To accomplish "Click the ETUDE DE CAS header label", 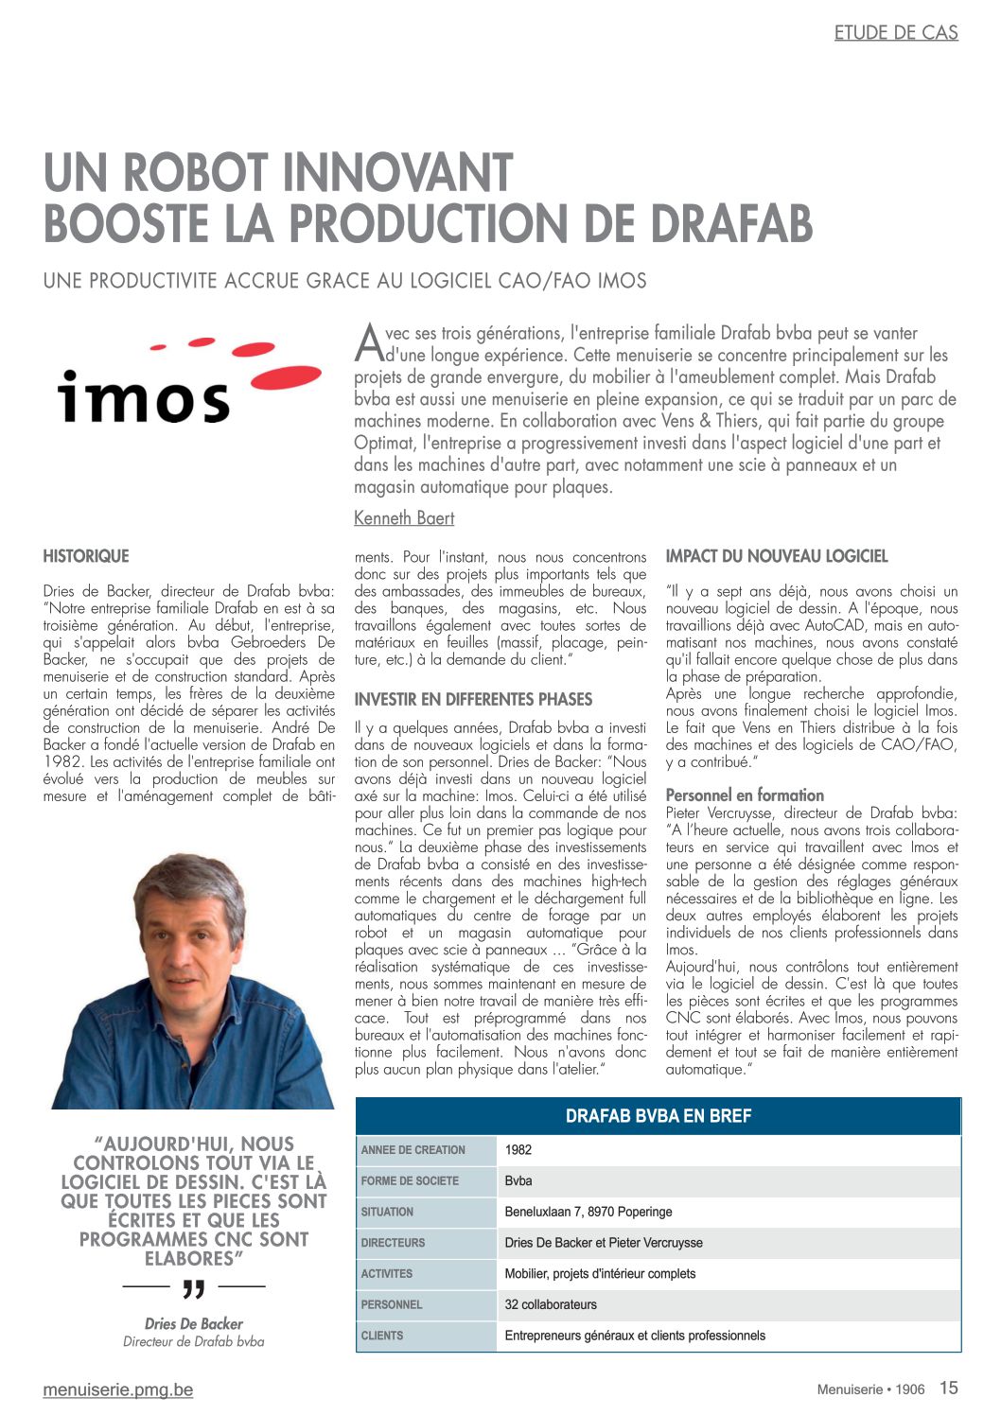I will click(x=895, y=33).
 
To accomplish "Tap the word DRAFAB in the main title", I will click(x=730, y=224).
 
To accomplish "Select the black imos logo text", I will click(x=143, y=394).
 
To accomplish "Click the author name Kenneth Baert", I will click(x=404, y=518).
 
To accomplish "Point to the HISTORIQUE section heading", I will click(x=86, y=556).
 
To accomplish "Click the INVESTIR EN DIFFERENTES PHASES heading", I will click(x=473, y=700).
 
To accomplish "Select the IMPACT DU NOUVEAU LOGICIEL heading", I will click(x=777, y=556).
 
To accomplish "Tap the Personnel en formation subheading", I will click(x=745, y=795).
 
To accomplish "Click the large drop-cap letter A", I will click(x=368, y=342).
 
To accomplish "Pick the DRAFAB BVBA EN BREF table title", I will click(x=658, y=1116).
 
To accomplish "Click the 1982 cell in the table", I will click(x=518, y=1150).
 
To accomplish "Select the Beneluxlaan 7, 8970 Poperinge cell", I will click(x=588, y=1212).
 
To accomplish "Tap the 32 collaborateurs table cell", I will click(x=551, y=1304).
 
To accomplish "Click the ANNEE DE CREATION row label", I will click(x=413, y=1150).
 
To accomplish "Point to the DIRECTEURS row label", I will click(x=393, y=1243).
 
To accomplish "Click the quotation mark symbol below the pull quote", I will click(x=193, y=1288).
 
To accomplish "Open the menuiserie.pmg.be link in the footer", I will click(x=118, y=1389).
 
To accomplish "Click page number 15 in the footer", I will click(x=948, y=1388).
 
